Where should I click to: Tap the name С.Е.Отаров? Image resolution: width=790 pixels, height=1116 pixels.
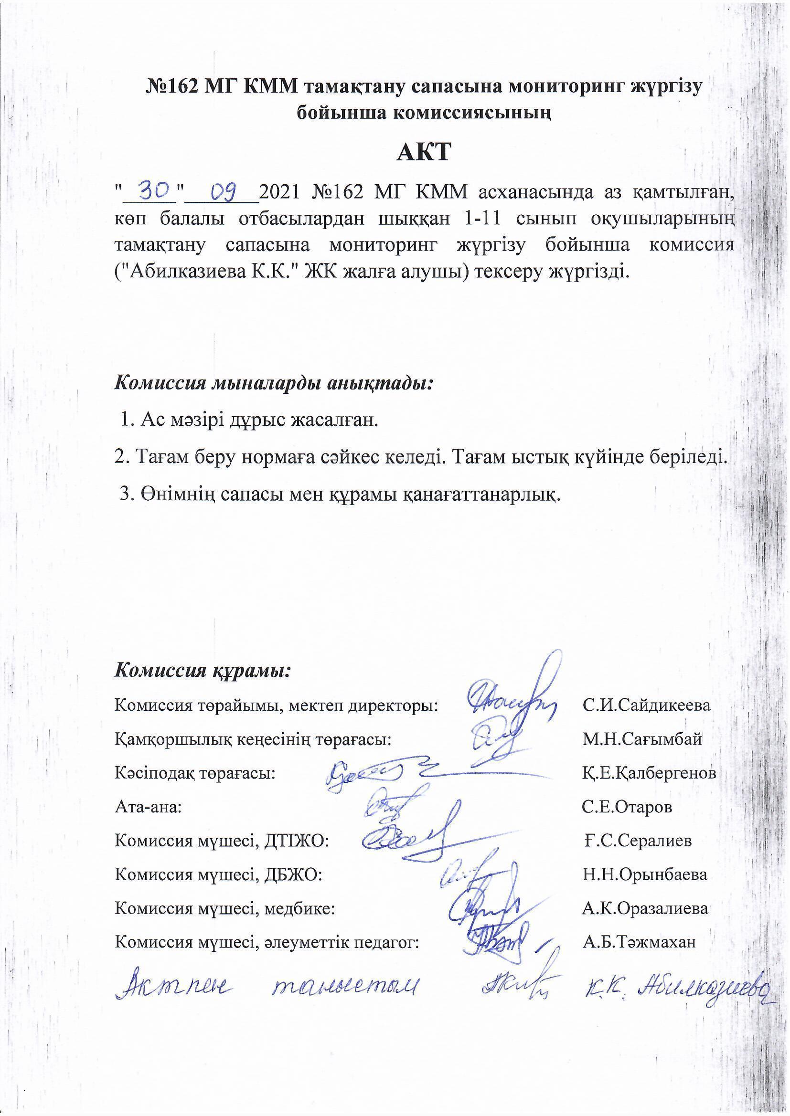627,807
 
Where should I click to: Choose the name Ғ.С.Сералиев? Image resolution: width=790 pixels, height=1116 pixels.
638,841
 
